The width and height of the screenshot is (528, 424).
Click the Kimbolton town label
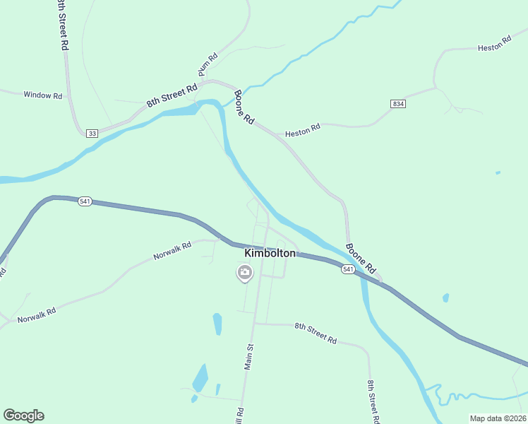click(270, 252)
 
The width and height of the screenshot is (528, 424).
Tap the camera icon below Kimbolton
click(244, 272)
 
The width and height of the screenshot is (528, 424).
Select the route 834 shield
click(398, 104)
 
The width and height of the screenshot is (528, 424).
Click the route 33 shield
click(92, 133)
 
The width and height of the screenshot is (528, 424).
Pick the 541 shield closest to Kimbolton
click(348, 269)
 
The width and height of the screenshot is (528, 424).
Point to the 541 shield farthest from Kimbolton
click(85, 201)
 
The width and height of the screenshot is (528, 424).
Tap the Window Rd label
click(43, 95)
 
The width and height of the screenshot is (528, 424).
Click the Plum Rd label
click(208, 65)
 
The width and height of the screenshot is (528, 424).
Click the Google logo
click(23, 416)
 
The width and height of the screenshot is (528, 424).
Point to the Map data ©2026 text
click(498, 418)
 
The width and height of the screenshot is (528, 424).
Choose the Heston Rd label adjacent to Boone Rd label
click(303, 131)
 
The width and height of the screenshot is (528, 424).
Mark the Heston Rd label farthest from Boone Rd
click(494, 45)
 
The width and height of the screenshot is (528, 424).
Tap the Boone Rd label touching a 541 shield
click(360, 259)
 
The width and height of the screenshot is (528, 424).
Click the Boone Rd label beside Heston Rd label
click(244, 107)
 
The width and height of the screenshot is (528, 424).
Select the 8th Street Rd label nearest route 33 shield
click(172, 95)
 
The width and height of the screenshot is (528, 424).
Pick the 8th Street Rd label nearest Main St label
click(316, 332)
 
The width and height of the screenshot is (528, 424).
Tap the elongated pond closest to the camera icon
click(217, 324)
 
